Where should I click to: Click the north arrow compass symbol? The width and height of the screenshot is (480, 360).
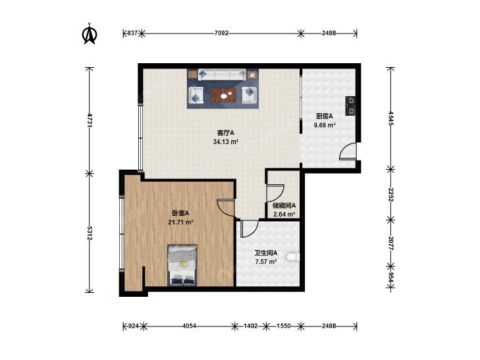pyautogui.click(x=90, y=34)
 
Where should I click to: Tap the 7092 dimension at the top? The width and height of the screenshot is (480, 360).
pyautogui.click(x=221, y=33)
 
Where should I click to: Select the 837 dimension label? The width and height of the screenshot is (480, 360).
pyautogui.click(x=132, y=33)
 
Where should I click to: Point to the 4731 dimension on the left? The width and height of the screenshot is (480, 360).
pyautogui.click(x=90, y=120)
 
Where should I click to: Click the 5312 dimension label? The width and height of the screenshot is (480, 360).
pyautogui.click(x=90, y=234)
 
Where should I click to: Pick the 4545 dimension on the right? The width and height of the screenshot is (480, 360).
pyautogui.click(x=391, y=118)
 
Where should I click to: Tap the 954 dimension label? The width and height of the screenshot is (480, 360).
pyautogui.click(x=391, y=278)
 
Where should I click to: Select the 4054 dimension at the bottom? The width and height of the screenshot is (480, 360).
pyautogui.click(x=189, y=326)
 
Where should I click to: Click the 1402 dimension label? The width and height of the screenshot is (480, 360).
pyautogui.click(x=250, y=326)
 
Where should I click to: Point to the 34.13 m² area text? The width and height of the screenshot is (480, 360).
pyautogui.click(x=226, y=142)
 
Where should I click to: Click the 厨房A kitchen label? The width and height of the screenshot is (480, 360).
pyautogui.click(x=325, y=116)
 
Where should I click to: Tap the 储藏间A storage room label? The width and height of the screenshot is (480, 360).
pyautogui.click(x=284, y=205)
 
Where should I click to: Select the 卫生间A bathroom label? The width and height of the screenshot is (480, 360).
pyautogui.click(x=266, y=253)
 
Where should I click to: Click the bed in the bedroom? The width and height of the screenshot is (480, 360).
pyautogui.click(x=182, y=265)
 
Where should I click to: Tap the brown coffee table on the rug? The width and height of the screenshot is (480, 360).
pyautogui.click(x=223, y=95)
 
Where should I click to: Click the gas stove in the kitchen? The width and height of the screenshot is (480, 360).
pyautogui.click(x=351, y=106)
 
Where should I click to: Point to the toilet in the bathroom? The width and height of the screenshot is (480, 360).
pyautogui.click(x=292, y=257)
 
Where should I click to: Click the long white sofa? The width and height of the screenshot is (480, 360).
pyautogui.click(x=222, y=75)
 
